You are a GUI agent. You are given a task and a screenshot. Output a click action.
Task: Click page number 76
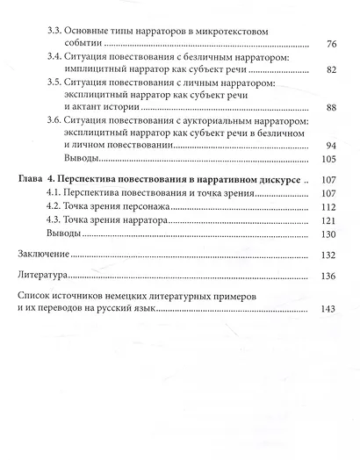(x=331, y=45)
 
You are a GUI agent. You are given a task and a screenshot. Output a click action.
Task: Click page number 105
(x=328, y=159)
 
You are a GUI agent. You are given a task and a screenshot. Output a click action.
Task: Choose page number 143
(x=328, y=310)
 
